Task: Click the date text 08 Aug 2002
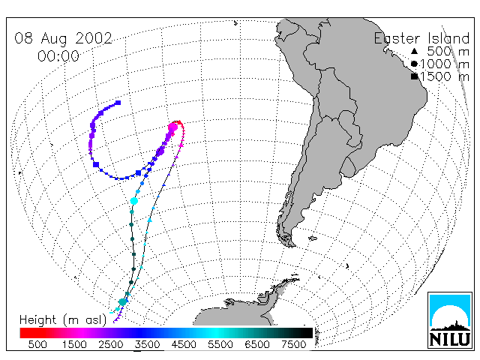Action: [63, 38]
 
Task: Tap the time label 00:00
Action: [58, 56]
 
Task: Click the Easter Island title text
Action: [421, 38]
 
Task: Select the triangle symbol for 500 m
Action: [414, 51]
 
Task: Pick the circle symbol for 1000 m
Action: [414, 64]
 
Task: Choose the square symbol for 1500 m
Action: [414, 76]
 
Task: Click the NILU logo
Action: [450, 320]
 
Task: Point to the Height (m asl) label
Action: [63, 320]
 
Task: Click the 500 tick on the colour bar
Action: [37, 344]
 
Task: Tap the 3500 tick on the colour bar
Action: [147, 344]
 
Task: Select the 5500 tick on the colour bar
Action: [220, 344]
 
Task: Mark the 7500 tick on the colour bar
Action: [293, 344]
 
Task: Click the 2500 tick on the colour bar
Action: [111, 344]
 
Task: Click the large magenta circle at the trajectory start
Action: [173, 127]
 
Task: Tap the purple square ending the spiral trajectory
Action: [118, 103]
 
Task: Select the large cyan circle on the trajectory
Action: [134, 201]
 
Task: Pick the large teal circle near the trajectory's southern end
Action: [123, 302]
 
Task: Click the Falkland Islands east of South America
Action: [313, 238]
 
